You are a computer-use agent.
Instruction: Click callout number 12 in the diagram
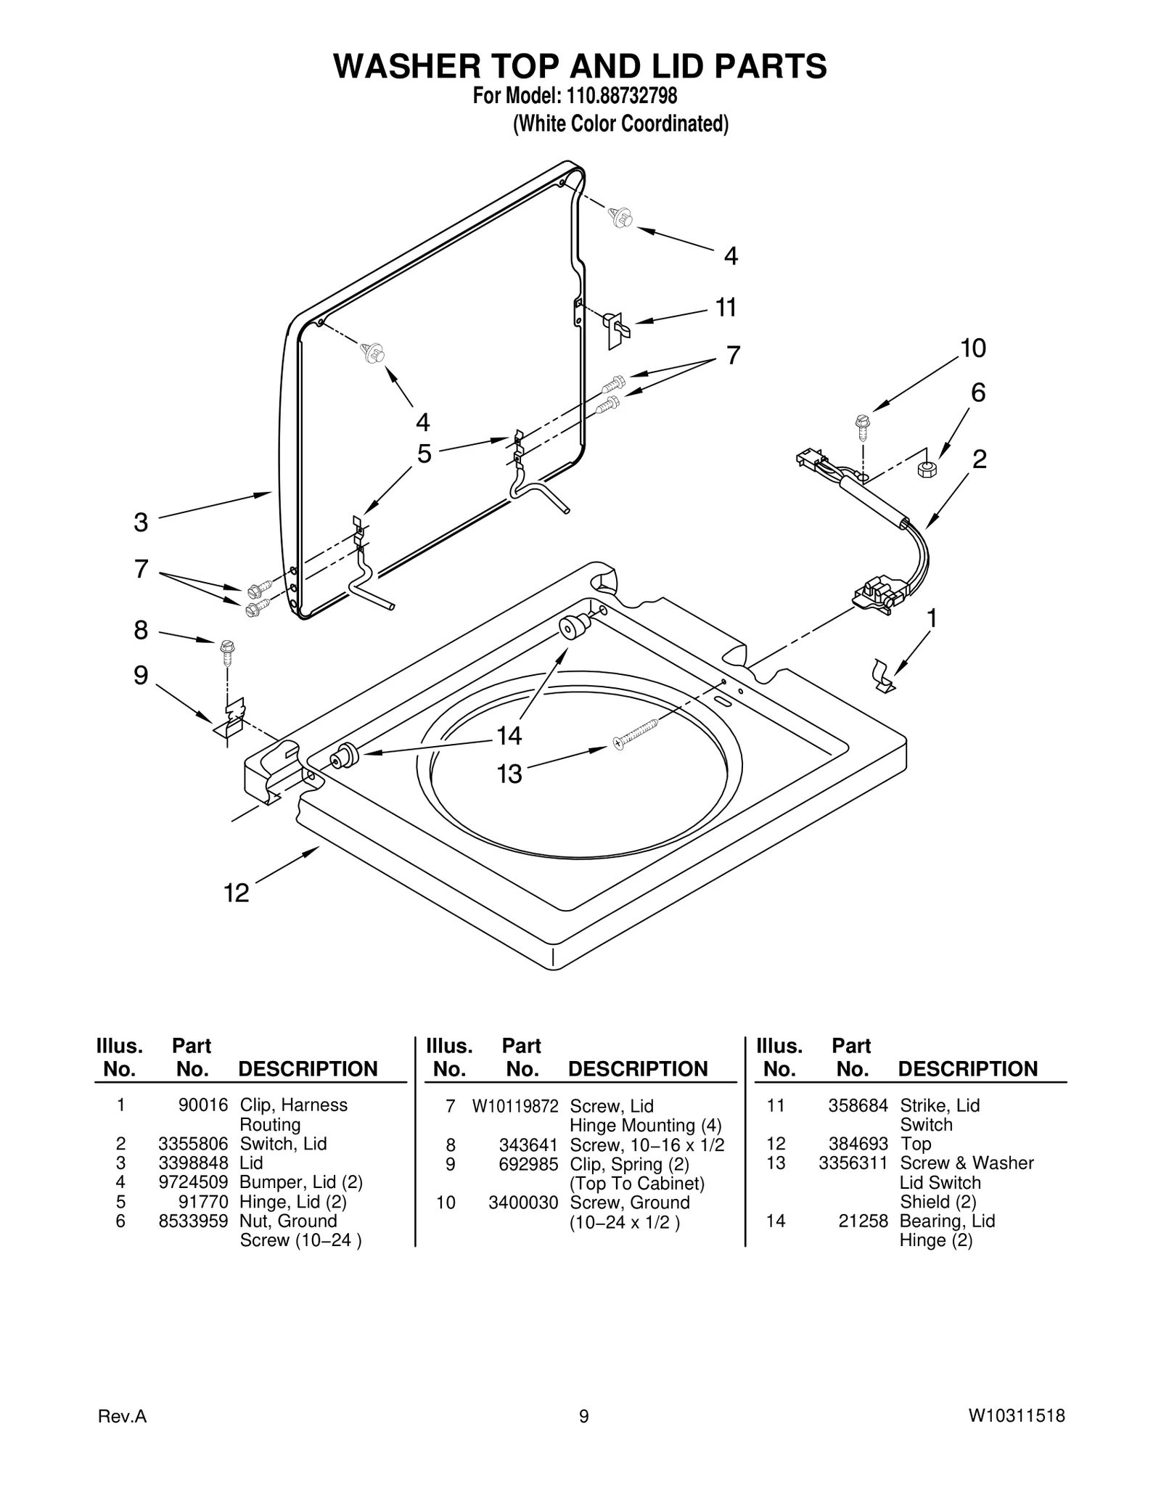coord(237,892)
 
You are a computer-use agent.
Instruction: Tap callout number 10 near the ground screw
coord(973,348)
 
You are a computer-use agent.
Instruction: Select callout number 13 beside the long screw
coord(509,774)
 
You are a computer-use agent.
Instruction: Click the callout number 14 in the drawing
coord(509,736)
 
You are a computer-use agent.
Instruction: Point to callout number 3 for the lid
coord(141,522)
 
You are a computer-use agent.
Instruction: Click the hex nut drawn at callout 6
coord(927,469)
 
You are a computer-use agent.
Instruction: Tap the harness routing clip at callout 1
coord(882,676)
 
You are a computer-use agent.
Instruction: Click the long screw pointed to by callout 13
coord(636,733)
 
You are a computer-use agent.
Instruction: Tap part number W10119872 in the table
coord(515,1106)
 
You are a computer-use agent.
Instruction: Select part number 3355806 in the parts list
coord(193,1144)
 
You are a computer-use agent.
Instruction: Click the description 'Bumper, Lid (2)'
coord(300,1182)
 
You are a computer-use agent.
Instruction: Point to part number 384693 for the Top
coord(858,1144)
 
